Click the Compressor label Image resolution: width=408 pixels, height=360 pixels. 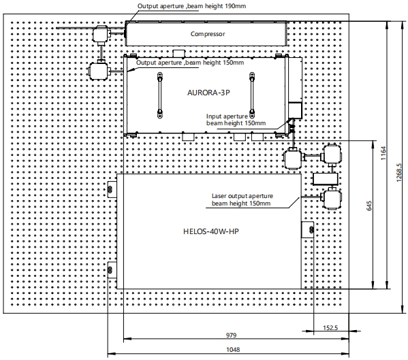point(208,34)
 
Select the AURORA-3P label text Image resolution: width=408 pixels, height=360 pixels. point(208,93)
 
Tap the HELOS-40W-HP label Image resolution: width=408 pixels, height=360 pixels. point(211,231)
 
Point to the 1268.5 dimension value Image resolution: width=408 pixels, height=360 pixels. point(399,173)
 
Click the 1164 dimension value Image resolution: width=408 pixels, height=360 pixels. point(383,153)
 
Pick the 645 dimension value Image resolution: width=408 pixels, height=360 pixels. point(369,206)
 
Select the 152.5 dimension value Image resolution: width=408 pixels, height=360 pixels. point(330,328)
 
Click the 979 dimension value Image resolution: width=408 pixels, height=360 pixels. point(232,336)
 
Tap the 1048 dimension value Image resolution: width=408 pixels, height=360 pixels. point(233,350)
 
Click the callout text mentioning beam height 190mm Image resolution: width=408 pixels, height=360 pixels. point(191,6)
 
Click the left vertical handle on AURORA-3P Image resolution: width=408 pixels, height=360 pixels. point(160,95)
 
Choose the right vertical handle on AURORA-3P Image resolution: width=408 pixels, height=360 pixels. point(252,95)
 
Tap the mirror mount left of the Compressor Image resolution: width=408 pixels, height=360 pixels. point(101,34)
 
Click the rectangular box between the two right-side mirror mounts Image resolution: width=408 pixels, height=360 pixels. point(326,179)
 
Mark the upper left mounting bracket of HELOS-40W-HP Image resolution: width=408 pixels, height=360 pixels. point(112,189)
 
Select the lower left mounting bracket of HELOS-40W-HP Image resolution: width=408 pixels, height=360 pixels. point(112,270)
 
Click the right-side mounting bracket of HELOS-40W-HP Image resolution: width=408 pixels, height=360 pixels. point(308,230)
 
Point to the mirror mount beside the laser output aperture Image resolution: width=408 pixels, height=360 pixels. point(332,199)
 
